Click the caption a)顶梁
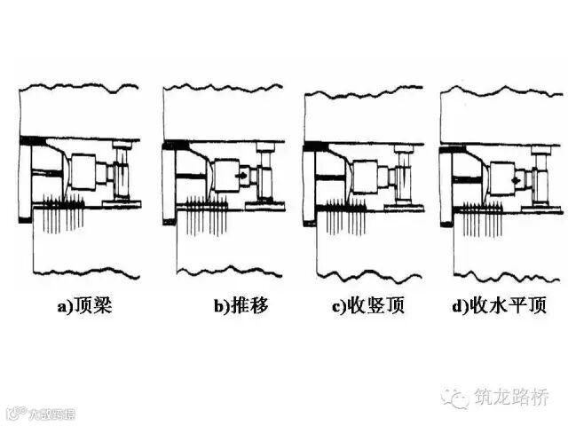[x=84, y=308]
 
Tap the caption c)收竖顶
[x=368, y=308]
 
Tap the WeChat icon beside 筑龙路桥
[x=457, y=397]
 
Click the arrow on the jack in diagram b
[x=241, y=177]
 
